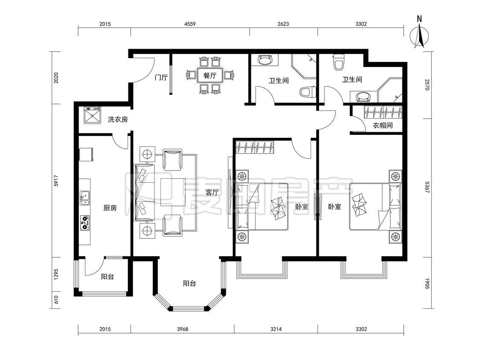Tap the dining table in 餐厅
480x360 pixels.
[x=210, y=75]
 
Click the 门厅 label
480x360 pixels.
[x=161, y=77]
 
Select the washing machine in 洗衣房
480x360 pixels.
[x=92, y=114]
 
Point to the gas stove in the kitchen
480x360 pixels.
[x=85, y=223]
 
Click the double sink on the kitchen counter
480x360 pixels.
[x=85, y=198]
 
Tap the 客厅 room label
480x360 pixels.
[x=212, y=192]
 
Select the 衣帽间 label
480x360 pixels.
[x=383, y=125]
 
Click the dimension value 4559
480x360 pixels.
[x=190, y=24]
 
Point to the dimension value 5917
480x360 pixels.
[x=56, y=180]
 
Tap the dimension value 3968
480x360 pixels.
[x=183, y=329]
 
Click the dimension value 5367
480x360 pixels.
[x=427, y=187]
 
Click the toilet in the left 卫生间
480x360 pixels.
[x=308, y=92]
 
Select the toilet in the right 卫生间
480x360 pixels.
[x=338, y=62]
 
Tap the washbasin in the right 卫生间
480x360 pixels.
[x=364, y=96]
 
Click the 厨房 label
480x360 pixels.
[x=110, y=208]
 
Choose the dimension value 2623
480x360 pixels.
[x=283, y=24]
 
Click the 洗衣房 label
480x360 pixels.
[x=118, y=119]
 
